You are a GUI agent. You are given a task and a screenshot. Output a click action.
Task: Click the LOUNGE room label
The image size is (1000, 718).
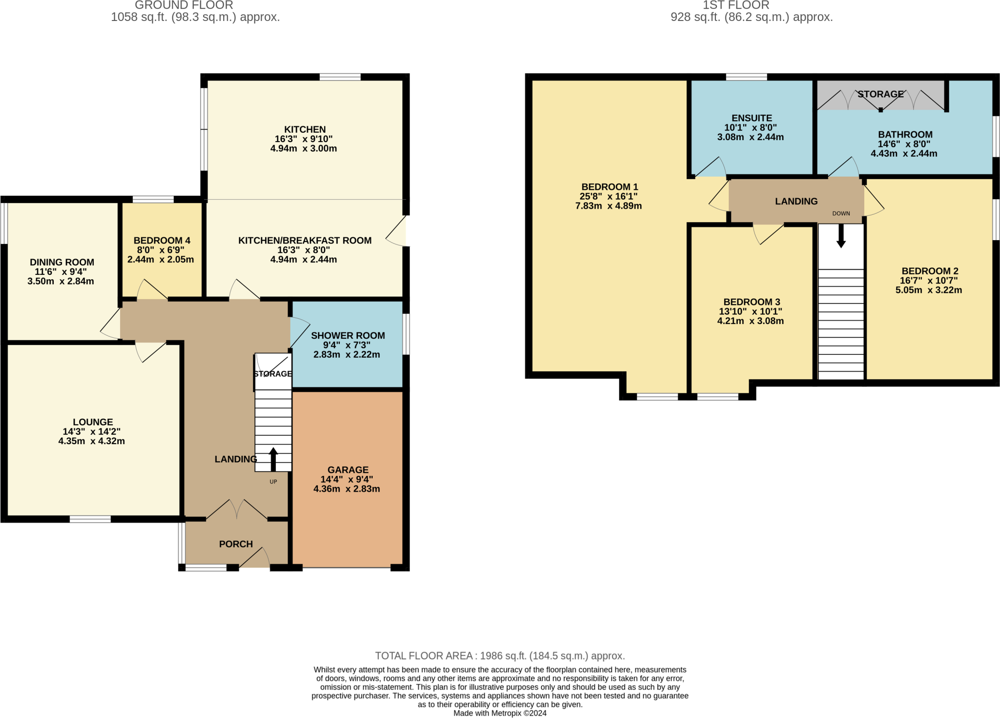coord(93,422)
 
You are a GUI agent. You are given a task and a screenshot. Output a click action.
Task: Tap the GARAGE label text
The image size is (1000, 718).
coord(348,470)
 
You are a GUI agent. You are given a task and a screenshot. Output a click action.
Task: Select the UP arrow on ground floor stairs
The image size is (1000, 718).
coord(273,459)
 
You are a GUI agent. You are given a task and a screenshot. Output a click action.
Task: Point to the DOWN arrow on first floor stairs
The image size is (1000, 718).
coord(841,236)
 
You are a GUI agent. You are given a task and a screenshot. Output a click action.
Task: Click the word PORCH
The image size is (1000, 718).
coord(236,544)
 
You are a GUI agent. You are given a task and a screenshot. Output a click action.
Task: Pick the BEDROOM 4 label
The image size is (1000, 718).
coord(162,241)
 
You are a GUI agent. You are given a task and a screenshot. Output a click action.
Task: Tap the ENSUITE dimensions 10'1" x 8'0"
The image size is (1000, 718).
coord(750,128)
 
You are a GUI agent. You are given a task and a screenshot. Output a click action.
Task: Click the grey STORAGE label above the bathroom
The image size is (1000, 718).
coord(880,94)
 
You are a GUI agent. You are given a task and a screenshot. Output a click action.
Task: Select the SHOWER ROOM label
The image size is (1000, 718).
coord(348,335)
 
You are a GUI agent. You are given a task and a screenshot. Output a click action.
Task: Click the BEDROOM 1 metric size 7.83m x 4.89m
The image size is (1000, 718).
coord(608,206)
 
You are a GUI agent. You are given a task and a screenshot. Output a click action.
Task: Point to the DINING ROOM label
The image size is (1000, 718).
coord(62,262)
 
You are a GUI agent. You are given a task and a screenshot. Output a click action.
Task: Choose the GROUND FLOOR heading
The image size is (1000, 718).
coord(184,5)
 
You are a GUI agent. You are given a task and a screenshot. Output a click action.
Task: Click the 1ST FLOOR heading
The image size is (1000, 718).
coord(736,5)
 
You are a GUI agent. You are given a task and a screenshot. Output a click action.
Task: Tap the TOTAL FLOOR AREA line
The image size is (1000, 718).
coord(500,656)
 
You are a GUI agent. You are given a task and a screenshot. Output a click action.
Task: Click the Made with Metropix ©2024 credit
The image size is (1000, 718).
coord(500,713)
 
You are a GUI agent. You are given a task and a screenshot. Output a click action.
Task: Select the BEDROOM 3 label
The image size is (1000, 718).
coord(751,302)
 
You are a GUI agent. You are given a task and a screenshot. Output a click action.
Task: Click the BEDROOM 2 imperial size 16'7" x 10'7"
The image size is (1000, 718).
coord(929,281)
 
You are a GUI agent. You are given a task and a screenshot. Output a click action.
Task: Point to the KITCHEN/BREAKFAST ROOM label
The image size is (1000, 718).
coord(305,241)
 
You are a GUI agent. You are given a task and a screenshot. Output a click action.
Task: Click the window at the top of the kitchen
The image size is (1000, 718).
coord(340,77)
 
